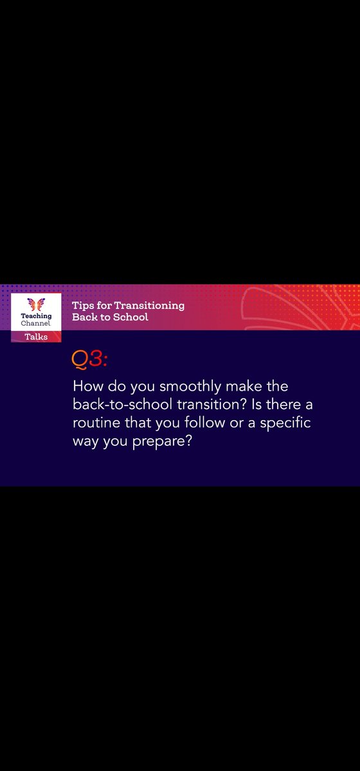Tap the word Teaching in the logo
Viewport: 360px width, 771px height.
click(36, 316)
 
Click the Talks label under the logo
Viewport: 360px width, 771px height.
click(36, 336)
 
